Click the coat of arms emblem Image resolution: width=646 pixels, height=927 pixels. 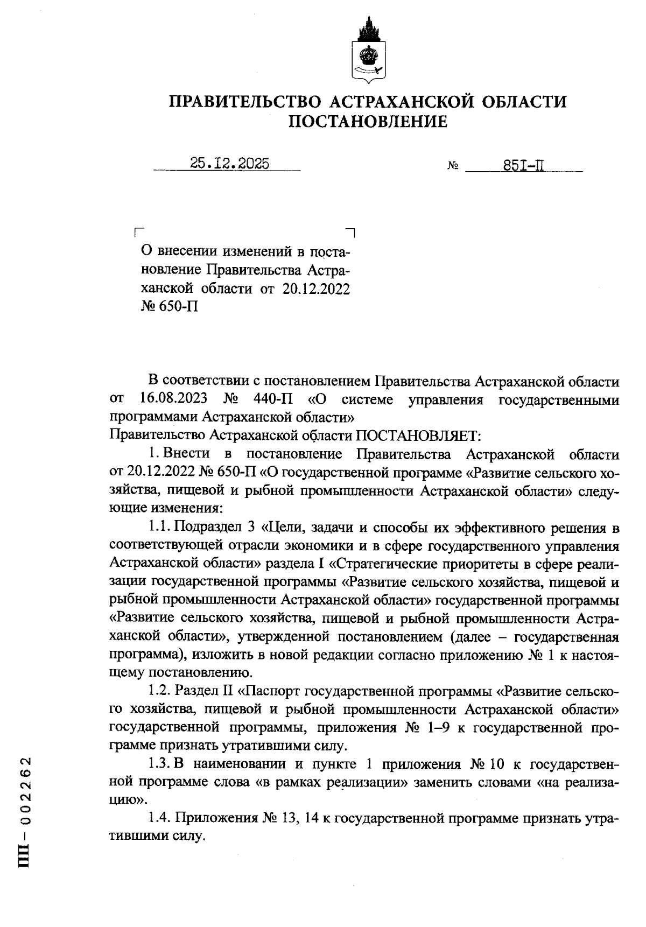click(x=368, y=52)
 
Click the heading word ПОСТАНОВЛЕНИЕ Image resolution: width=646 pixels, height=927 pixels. click(x=368, y=122)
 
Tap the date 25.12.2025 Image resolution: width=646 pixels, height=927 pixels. click(x=230, y=164)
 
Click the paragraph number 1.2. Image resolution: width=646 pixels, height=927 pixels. click(x=160, y=691)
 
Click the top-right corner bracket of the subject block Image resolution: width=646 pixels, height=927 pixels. click(x=351, y=232)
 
